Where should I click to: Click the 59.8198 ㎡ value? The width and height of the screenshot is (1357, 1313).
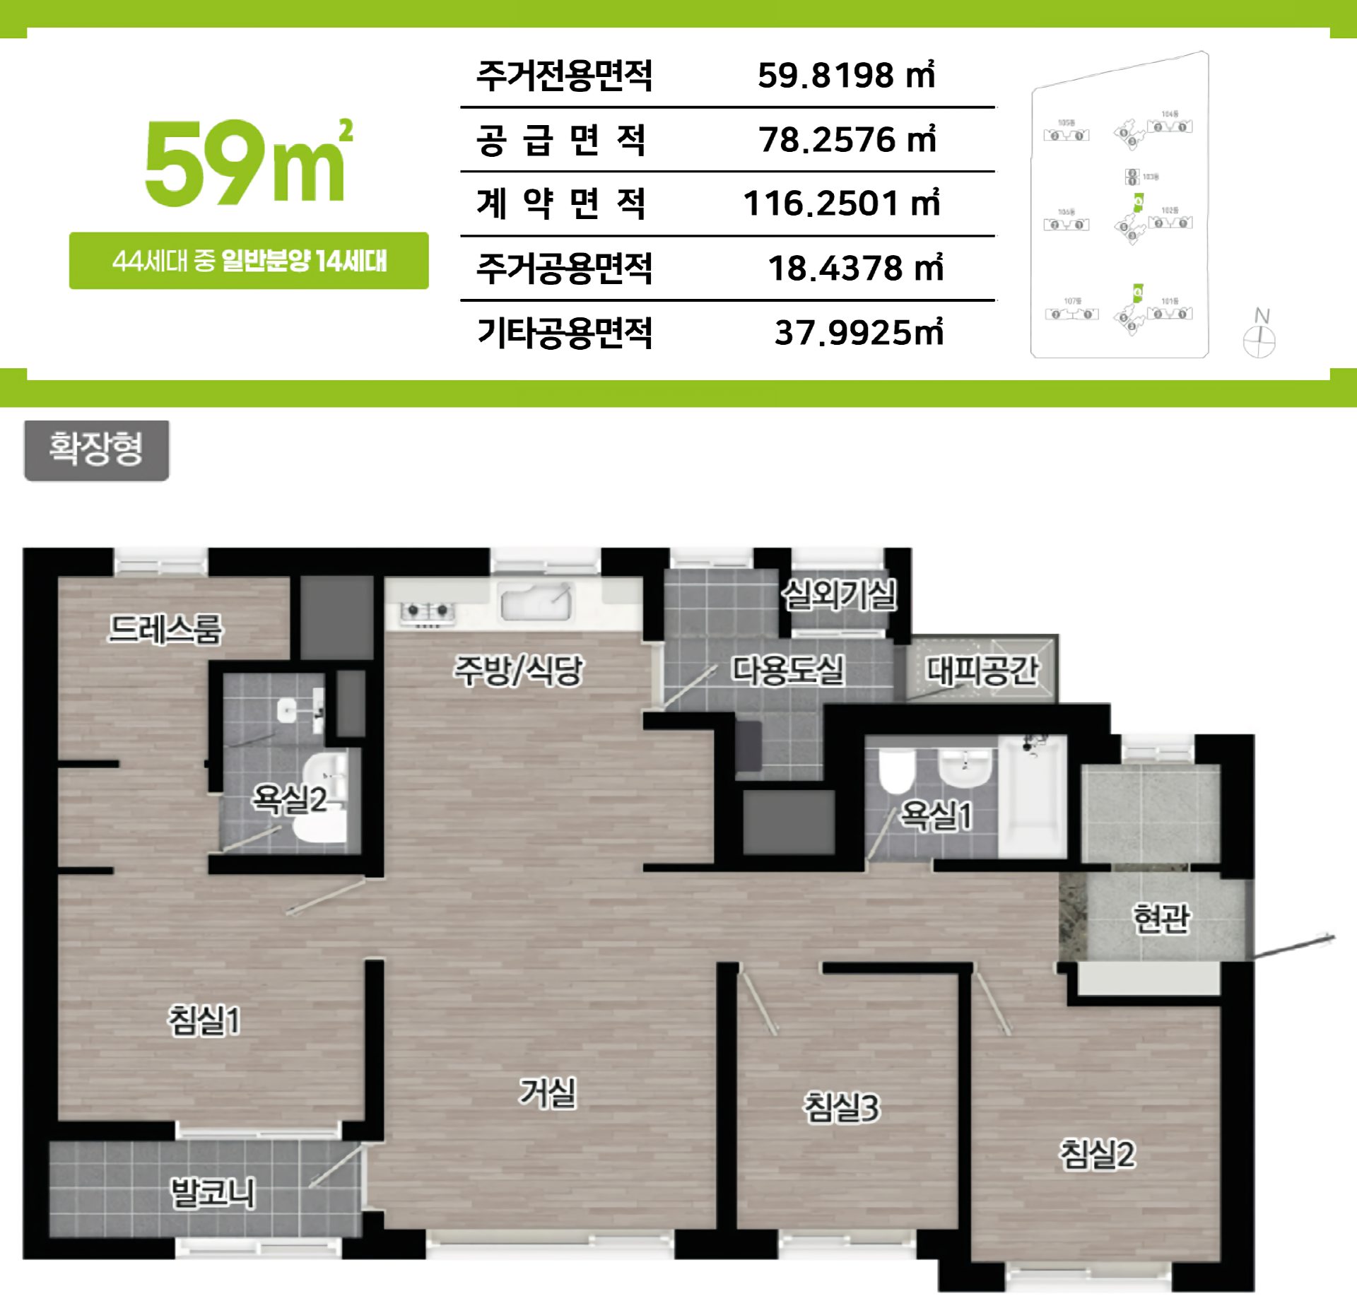(846, 75)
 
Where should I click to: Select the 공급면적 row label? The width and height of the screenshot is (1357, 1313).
(561, 140)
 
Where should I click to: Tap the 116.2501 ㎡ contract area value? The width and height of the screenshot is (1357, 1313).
(841, 204)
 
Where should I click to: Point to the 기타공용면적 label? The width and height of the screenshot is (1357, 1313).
(564, 333)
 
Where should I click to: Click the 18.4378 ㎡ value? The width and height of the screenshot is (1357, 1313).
(855, 269)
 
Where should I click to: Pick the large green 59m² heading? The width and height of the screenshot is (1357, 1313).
(247, 164)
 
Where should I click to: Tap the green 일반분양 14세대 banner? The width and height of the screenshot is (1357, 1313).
(249, 261)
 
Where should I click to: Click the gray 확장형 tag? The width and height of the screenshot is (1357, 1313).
(96, 449)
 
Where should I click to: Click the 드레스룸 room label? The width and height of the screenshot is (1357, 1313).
(165, 628)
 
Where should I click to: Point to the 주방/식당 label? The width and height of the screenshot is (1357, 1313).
(518, 670)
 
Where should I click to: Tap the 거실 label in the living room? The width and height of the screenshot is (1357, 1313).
(548, 1093)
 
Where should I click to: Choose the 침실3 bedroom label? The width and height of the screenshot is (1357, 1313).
(842, 1107)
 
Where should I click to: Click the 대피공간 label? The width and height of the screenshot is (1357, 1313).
(982, 670)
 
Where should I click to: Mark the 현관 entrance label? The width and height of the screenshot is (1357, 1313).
(1161, 919)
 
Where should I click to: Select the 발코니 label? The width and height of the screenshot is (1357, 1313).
(213, 1193)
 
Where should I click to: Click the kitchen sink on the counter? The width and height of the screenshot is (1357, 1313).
(536, 602)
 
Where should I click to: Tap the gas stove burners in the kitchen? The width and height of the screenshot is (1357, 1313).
(427, 612)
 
